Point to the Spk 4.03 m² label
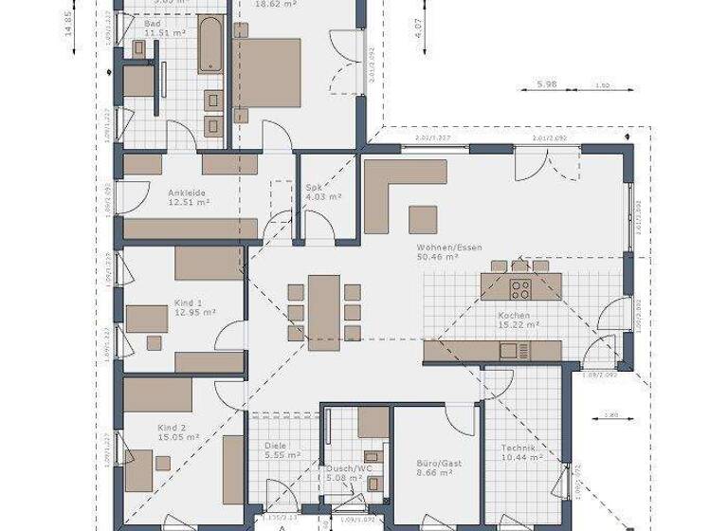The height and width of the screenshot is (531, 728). point(322,192)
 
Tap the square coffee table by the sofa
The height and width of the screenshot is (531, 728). point(423,219)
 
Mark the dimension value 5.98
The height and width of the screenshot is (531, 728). point(546,85)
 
